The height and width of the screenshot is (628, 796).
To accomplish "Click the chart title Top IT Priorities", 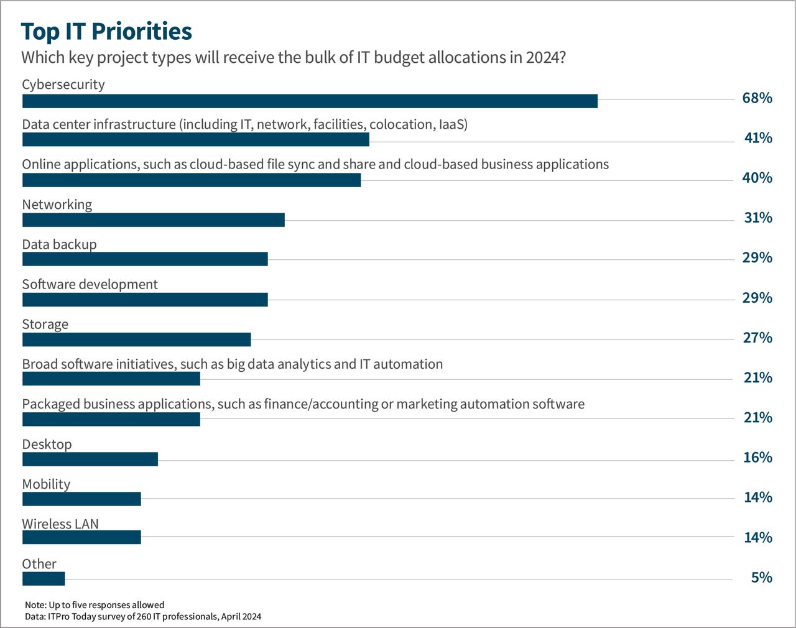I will pyautogui.click(x=106, y=31).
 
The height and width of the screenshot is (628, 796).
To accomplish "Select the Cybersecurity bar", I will pyautogui.click(x=310, y=101).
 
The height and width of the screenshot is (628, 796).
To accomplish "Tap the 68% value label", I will pyautogui.click(x=757, y=98).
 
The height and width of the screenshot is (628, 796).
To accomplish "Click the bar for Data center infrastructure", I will pyautogui.click(x=195, y=139).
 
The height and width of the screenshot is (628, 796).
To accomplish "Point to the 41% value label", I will pyautogui.click(x=758, y=138).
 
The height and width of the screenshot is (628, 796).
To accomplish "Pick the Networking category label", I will pyautogui.click(x=57, y=205).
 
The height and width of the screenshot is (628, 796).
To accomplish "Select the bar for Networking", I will pyautogui.click(x=153, y=219).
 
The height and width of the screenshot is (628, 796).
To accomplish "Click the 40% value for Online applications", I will pyautogui.click(x=757, y=178).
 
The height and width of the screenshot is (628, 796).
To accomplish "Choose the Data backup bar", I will pyautogui.click(x=145, y=259).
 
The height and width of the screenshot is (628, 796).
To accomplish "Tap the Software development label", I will pyautogui.click(x=90, y=284).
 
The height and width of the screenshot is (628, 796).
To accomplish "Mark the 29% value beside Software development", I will pyautogui.click(x=757, y=298).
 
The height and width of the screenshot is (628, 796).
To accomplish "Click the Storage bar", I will pyautogui.click(x=136, y=339).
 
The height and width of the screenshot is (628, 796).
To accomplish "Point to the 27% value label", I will pyautogui.click(x=757, y=338).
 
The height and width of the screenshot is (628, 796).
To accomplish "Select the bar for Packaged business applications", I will pyautogui.click(x=111, y=419).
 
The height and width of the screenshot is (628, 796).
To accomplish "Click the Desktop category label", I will pyautogui.click(x=47, y=444).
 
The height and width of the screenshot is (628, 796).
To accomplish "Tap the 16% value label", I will pyautogui.click(x=757, y=458).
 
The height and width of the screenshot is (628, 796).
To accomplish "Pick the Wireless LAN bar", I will pyautogui.click(x=81, y=537).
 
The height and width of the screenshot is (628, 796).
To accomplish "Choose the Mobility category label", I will pyautogui.click(x=46, y=484).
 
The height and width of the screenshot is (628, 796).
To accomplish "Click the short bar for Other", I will pyautogui.click(x=44, y=578).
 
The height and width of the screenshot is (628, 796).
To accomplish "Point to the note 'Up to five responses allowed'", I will pyautogui.click(x=95, y=605).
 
